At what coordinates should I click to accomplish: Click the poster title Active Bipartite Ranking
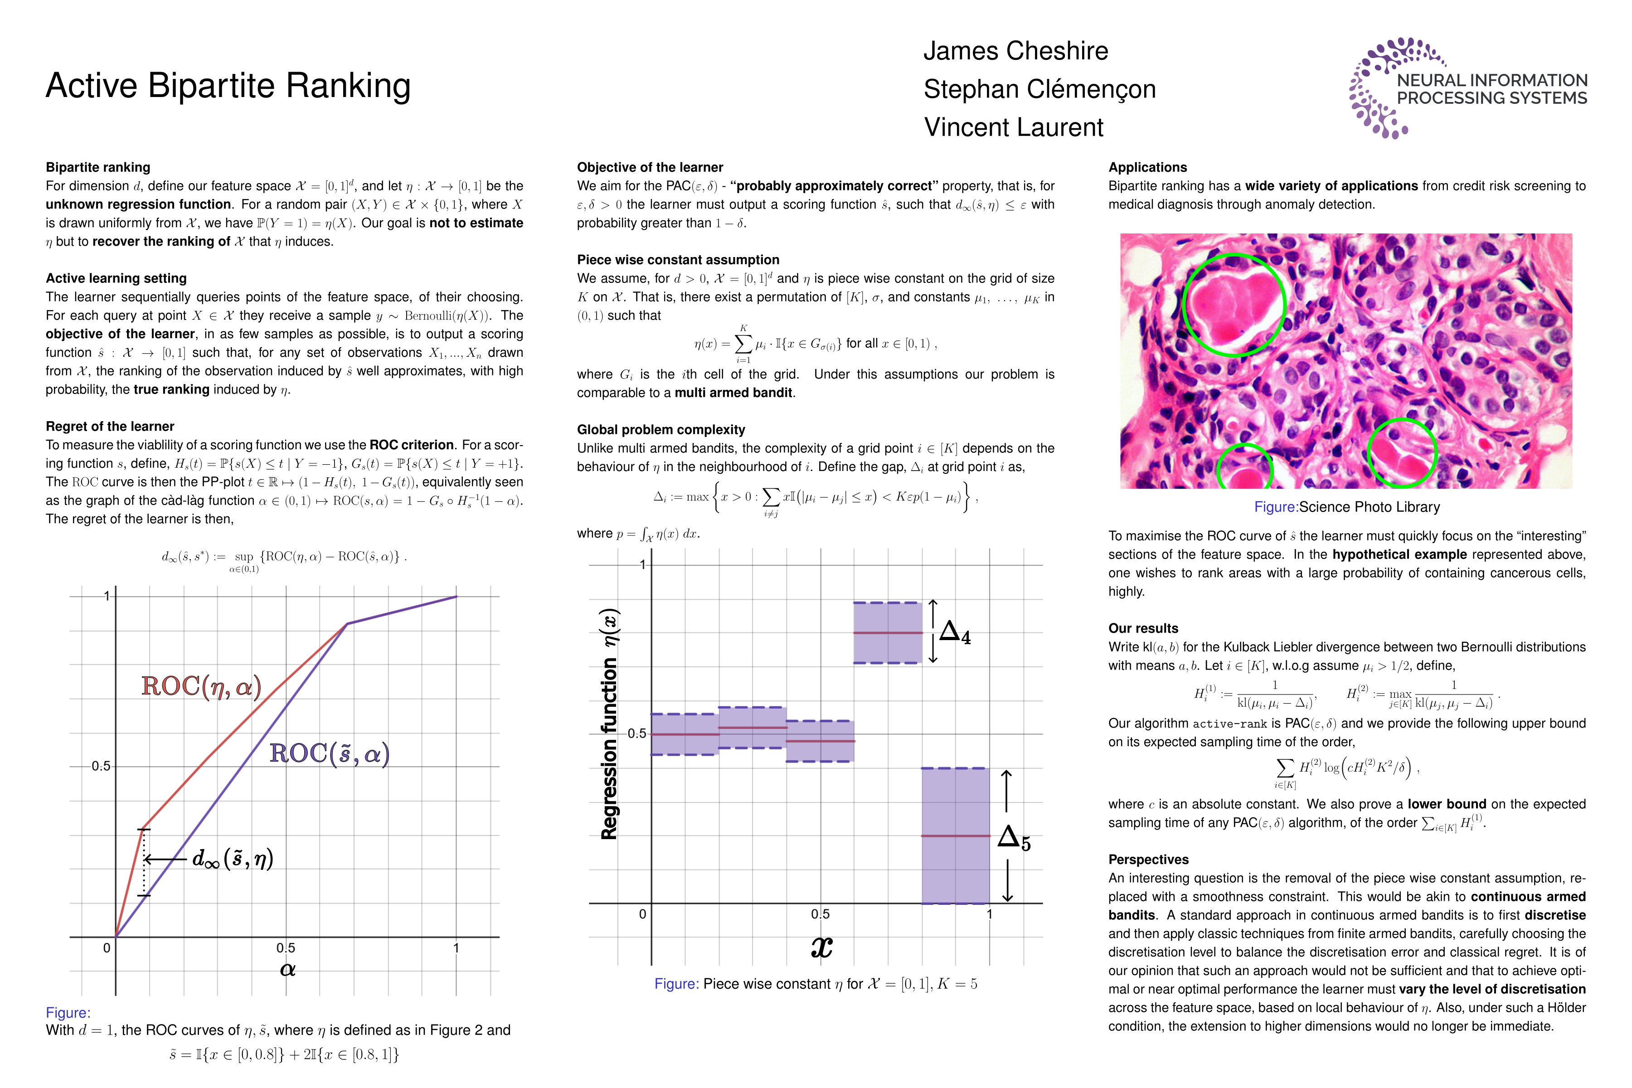[228, 86]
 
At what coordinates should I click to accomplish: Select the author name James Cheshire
[1015, 51]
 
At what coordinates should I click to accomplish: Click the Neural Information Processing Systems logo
[1467, 88]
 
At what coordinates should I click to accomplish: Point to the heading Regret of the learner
[110, 426]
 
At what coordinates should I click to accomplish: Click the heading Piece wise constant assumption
[678, 259]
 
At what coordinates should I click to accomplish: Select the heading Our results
[1143, 628]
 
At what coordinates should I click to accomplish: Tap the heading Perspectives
[1148, 859]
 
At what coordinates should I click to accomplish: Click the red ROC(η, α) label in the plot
[201, 686]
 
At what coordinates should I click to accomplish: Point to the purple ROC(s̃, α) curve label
[329, 753]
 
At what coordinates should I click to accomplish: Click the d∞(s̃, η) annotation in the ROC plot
[233, 859]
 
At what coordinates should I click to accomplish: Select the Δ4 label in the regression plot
[955, 632]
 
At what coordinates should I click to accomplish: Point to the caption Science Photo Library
[1368, 507]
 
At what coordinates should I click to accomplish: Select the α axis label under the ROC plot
[287, 969]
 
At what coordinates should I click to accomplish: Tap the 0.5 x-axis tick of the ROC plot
[285, 948]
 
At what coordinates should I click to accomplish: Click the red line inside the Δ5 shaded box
[956, 835]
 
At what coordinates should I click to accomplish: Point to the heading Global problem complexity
[661, 429]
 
